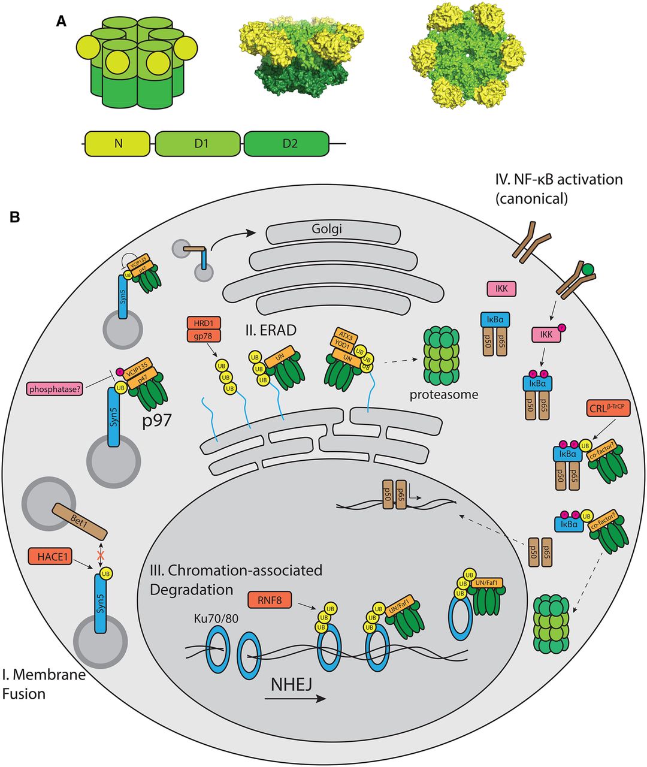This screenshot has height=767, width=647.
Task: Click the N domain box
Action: pyautogui.click(x=117, y=145)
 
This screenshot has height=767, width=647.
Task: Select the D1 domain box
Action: pyautogui.click(x=199, y=145)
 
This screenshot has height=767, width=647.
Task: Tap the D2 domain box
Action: pyautogui.click(x=286, y=145)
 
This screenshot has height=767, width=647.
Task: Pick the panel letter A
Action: pyautogui.click(x=61, y=22)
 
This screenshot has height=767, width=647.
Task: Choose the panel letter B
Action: pyautogui.click(x=14, y=217)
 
